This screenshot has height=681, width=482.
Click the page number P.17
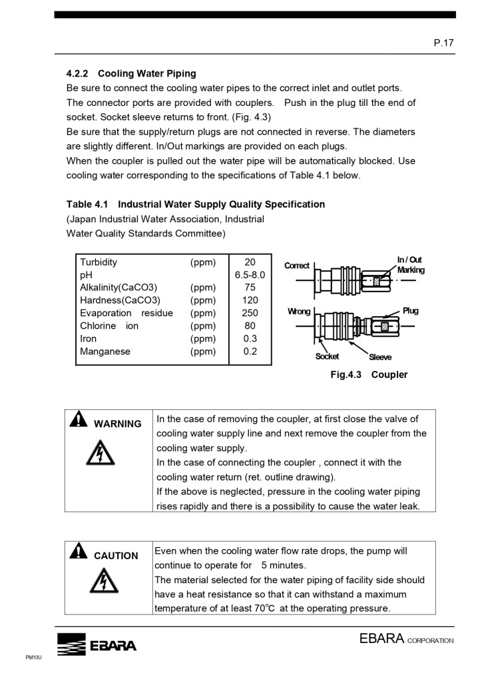click(443, 43)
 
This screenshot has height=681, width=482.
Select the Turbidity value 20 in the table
click(250, 262)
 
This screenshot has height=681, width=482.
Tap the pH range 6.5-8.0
click(250, 275)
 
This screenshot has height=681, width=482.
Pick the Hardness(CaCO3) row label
click(120, 300)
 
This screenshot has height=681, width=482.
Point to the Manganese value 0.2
click(250, 351)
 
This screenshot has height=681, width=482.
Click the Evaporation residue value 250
click(250, 313)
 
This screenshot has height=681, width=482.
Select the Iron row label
click(88, 339)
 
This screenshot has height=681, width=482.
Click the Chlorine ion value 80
click(250, 326)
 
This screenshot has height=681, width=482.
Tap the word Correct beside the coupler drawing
click(297, 266)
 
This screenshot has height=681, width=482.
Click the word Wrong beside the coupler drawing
click(299, 312)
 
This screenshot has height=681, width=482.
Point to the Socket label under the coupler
click(327, 356)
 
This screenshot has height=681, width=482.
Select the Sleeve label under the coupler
click(380, 357)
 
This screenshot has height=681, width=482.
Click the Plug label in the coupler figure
click(410, 311)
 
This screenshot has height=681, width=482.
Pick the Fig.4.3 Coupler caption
click(369, 375)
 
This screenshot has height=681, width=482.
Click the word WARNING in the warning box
click(118, 424)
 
